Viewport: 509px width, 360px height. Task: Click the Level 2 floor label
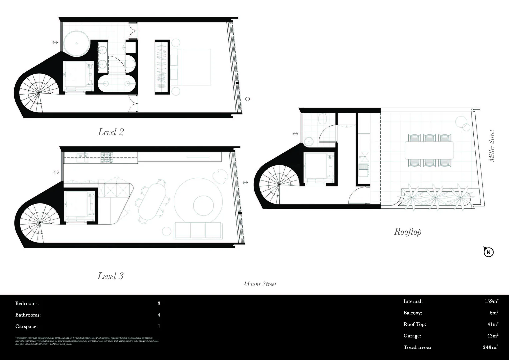point(111,132)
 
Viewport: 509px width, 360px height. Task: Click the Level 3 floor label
point(110,276)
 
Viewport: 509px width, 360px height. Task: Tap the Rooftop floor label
point(407,232)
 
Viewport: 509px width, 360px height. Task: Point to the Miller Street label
point(492,146)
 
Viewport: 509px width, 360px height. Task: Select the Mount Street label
point(260,284)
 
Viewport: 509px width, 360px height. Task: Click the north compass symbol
point(488,252)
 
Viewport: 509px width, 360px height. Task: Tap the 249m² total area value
point(490,347)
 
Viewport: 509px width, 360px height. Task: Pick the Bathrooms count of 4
point(159,315)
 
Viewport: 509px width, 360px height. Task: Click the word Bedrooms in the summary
point(27,304)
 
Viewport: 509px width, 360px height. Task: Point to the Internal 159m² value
point(491,301)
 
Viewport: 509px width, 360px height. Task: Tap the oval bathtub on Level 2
point(117,83)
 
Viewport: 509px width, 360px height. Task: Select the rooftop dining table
point(429,150)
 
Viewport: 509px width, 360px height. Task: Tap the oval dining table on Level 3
point(152,200)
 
